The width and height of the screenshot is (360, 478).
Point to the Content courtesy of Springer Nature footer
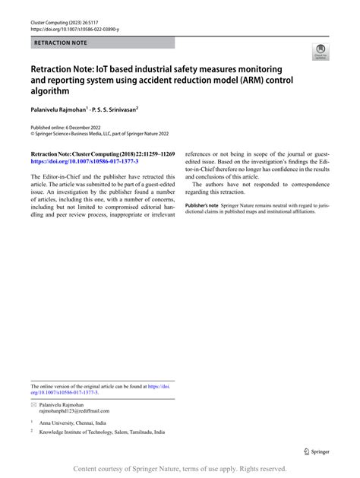point(179,470)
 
